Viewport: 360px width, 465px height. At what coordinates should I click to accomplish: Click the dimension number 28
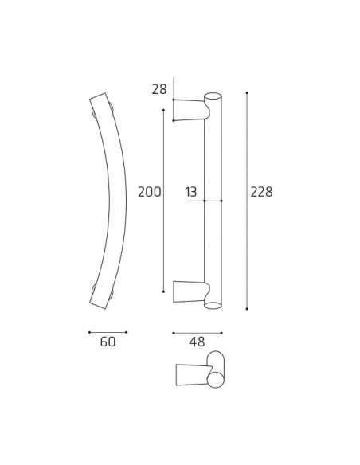coord(159,89)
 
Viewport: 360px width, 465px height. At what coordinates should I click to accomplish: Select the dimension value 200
coord(150,192)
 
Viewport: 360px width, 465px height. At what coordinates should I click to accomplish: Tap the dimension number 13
coord(191,192)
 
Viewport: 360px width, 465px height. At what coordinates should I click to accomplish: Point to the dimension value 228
coord(261,192)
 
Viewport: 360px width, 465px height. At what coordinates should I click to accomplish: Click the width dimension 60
coord(108,342)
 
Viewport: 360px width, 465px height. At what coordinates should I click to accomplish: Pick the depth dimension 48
coord(197,343)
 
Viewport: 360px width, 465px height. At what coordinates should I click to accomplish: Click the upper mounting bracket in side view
coord(190,110)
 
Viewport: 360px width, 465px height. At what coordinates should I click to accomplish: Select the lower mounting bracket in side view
coord(190,291)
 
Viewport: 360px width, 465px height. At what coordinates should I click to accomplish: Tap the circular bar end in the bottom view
coord(215,380)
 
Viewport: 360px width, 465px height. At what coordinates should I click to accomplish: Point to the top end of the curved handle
coord(100,100)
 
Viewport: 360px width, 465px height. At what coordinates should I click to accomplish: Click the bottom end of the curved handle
coord(100,302)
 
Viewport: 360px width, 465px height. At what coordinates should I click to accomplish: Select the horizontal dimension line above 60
coord(108,332)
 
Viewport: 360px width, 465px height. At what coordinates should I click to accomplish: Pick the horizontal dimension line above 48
coord(197,333)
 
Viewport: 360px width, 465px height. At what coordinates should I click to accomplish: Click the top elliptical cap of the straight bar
coord(213,96)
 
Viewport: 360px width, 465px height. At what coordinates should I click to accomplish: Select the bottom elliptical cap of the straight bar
coord(213,305)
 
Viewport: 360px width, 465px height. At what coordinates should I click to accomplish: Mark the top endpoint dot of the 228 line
coord(247,93)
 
